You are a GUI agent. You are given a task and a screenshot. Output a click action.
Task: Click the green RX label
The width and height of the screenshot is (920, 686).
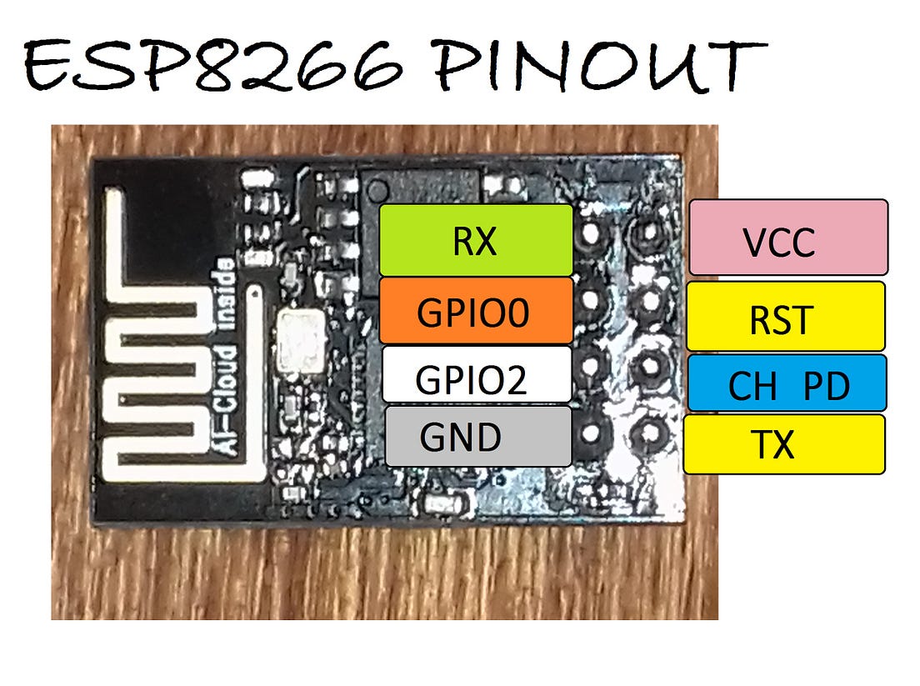476,240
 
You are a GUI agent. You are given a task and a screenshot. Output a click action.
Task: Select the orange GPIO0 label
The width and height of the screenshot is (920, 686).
476,310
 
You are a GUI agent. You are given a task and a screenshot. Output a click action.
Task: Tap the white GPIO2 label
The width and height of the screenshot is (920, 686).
476,374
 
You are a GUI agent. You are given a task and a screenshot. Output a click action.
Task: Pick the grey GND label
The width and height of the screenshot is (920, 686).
478,436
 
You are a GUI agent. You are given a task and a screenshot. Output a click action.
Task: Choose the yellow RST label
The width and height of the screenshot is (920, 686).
784,316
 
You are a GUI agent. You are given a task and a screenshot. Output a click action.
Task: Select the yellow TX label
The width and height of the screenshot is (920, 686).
783,444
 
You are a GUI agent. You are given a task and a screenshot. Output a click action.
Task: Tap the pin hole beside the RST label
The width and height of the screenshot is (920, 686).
647,300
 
